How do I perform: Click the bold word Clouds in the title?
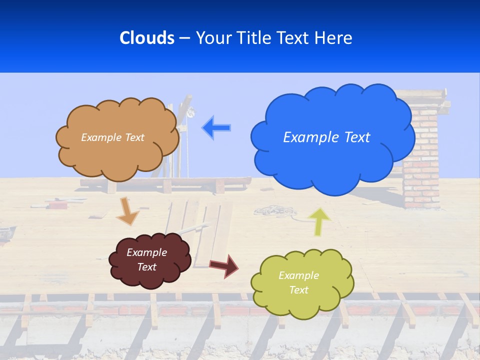pos(146,38)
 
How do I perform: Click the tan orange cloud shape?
pos(117,160)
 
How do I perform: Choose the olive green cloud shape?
pos(302,302)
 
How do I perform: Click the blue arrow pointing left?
pos(216,128)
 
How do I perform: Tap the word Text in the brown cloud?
pos(147,267)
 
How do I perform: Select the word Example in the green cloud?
pos(298,275)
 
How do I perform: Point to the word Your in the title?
pos(210,38)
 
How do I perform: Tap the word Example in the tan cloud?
pos(100,137)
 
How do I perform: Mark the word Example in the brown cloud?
pos(147,252)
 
